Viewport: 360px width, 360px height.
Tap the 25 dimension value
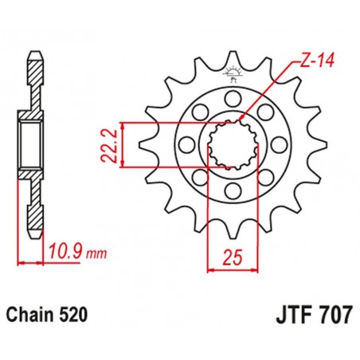click(232, 256)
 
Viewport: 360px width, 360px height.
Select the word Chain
click(33, 314)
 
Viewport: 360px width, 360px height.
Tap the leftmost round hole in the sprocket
click(186, 146)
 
